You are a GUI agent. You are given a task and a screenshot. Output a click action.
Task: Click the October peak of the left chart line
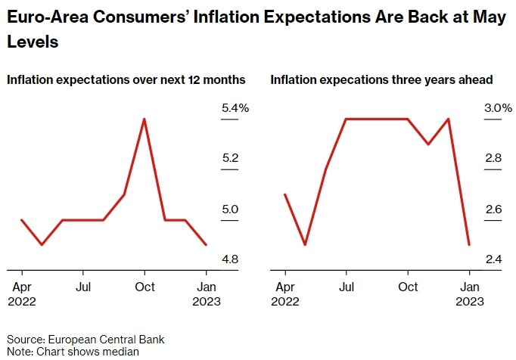click(x=144, y=119)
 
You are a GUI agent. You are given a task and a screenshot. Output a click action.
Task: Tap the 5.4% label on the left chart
click(x=235, y=109)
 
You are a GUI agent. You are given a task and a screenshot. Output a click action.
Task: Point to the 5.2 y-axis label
click(x=230, y=159)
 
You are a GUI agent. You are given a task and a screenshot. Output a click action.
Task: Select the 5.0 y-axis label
click(x=230, y=209)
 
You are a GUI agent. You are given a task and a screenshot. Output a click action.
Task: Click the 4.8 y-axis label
click(x=230, y=259)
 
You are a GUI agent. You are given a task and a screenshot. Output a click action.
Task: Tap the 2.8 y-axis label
click(x=493, y=159)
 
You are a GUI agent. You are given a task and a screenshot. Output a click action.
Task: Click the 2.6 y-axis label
click(x=493, y=209)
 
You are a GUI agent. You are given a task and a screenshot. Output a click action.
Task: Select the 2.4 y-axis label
click(x=493, y=259)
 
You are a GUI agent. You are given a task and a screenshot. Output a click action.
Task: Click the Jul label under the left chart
click(x=84, y=287)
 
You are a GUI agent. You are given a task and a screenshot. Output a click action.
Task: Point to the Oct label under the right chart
click(x=408, y=287)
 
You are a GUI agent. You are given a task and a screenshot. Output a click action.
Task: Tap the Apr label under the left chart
click(x=22, y=287)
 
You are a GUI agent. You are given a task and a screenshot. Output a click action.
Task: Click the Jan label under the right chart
click(x=469, y=287)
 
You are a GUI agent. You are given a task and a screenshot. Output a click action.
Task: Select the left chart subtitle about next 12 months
click(x=126, y=79)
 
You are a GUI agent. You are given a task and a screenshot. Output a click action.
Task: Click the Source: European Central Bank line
click(x=85, y=339)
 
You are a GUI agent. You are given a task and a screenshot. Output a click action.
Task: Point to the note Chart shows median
click(x=73, y=351)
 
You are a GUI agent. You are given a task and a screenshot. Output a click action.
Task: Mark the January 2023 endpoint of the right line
click(x=469, y=244)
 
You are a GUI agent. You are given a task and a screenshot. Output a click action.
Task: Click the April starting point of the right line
click(x=285, y=194)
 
